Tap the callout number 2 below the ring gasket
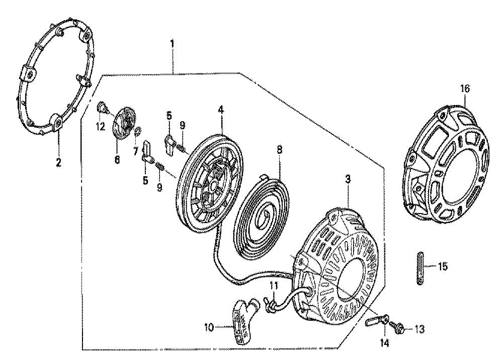[x=58, y=163]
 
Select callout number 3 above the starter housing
[x=348, y=179]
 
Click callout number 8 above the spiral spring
[x=280, y=150]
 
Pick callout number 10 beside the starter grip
[x=209, y=328]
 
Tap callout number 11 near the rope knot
[x=273, y=285]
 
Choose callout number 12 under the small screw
[x=101, y=127]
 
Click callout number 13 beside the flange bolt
[x=420, y=329]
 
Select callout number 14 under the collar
[x=385, y=343]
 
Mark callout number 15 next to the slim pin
[x=443, y=266]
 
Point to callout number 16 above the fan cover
[x=465, y=88]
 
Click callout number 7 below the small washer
[x=136, y=151]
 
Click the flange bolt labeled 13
[x=397, y=328]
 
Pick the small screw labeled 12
[x=102, y=107]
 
